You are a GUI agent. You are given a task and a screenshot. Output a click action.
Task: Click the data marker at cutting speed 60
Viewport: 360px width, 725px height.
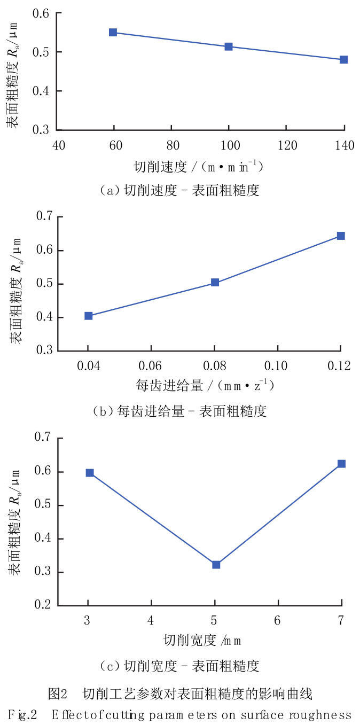[113, 33]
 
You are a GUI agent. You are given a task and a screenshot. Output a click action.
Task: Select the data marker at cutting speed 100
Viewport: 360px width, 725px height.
[229, 46]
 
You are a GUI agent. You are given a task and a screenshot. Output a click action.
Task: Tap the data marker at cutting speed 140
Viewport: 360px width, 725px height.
[343, 59]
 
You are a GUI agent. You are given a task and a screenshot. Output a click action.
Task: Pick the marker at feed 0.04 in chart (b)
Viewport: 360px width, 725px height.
[89, 316]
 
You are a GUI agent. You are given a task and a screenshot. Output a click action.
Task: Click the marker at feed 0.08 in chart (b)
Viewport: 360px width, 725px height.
[215, 283]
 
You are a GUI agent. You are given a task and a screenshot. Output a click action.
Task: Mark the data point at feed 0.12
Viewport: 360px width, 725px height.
[341, 236]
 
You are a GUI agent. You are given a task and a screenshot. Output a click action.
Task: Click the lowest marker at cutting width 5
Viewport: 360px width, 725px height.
[216, 565]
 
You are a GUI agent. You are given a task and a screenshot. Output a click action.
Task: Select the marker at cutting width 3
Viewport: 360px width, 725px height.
[90, 473]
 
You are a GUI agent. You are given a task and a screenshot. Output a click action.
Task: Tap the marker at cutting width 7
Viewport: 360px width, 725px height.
[341, 464]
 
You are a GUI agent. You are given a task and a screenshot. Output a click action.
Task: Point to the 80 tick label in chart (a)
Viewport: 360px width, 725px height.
[173, 145]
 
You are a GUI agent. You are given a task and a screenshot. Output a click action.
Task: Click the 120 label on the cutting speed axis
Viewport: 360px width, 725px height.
[287, 145]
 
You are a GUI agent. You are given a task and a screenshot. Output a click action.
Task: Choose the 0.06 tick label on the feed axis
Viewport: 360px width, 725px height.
[150, 366]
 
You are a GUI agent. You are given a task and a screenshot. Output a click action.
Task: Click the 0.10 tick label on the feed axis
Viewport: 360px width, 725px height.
[276, 366]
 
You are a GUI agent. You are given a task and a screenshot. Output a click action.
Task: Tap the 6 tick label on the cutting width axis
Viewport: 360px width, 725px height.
[277, 620]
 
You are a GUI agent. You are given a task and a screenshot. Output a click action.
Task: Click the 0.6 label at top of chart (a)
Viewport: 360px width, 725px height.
[41, 13]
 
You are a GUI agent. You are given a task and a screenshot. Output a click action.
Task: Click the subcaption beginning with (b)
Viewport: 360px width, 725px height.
[180, 411]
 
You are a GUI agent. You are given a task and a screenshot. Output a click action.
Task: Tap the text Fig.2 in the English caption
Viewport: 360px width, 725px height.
[22, 715]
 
